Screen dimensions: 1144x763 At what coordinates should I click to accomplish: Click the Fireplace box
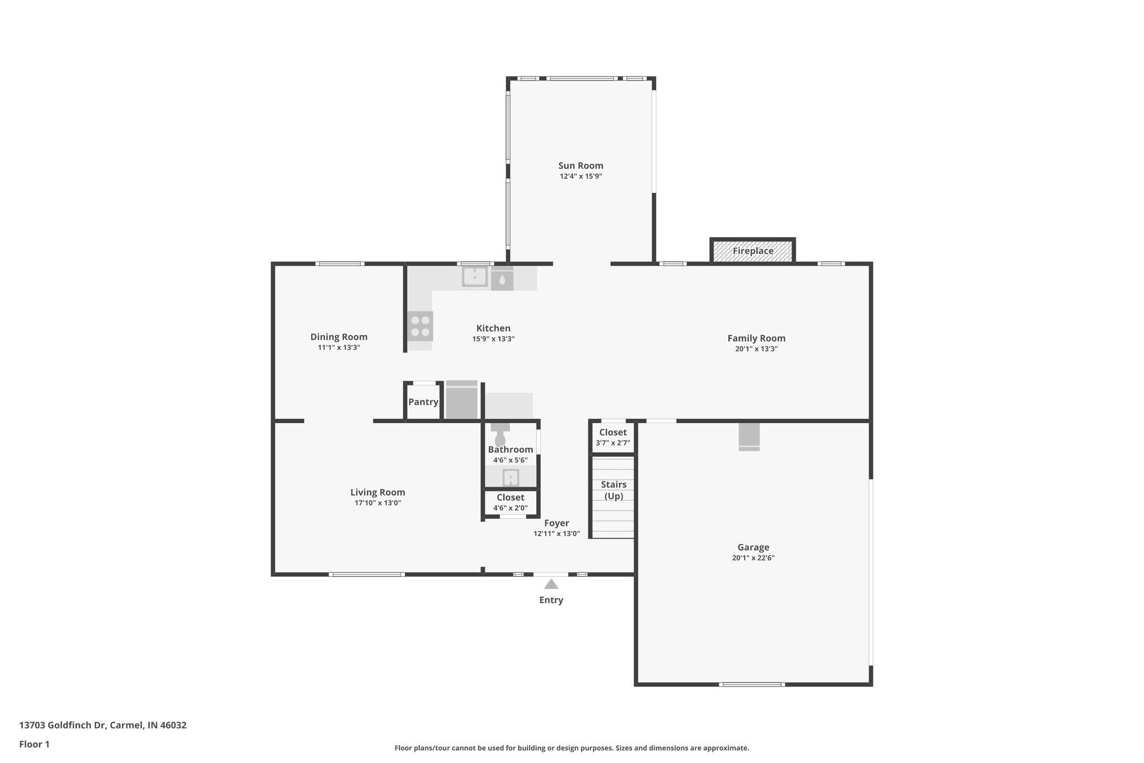[x=752, y=250]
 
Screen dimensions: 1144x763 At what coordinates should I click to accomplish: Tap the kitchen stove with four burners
[x=420, y=326]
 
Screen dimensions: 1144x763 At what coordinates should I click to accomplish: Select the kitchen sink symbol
[x=475, y=277]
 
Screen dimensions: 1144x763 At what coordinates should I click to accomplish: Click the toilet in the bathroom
[x=500, y=434]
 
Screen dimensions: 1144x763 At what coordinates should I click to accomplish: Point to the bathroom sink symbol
[x=511, y=478]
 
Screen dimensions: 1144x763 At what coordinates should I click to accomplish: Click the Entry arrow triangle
[x=551, y=584]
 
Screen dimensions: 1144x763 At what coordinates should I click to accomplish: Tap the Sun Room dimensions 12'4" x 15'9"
[x=581, y=177]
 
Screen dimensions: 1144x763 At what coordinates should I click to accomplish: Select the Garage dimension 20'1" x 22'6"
[x=753, y=558]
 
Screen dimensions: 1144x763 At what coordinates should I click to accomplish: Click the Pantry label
[x=423, y=402]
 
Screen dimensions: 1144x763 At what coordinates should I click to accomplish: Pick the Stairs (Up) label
[x=614, y=490]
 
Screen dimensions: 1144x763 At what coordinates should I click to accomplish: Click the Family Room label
[x=756, y=338]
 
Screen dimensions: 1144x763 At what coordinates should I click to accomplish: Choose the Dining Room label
[x=339, y=337]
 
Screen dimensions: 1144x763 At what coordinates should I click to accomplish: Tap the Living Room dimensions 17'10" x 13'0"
[x=378, y=503]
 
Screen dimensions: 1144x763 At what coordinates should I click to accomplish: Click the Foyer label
[x=557, y=523]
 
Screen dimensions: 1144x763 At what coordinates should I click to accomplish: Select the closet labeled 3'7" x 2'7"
[x=613, y=437]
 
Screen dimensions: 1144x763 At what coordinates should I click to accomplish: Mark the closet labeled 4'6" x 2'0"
[x=511, y=503]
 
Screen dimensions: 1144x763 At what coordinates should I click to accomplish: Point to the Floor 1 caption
[x=35, y=745]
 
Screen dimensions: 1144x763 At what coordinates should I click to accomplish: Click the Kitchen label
[x=493, y=329]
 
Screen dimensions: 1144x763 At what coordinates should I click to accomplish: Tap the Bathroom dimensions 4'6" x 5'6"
[x=511, y=461]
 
